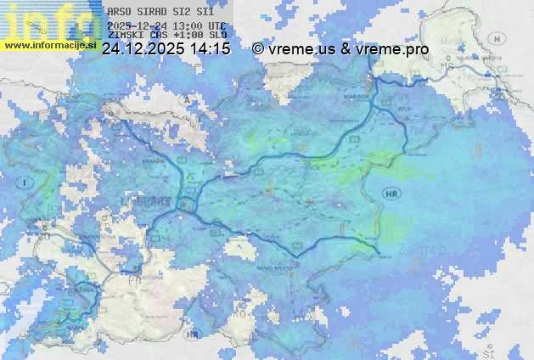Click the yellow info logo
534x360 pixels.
tap(51, 20)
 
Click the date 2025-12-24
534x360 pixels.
tap(137, 26)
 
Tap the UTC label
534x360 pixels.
tap(216, 26)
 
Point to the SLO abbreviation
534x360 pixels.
tap(217, 36)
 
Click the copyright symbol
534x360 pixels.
tap(258, 50)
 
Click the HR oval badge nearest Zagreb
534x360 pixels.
tap(391, 194)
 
